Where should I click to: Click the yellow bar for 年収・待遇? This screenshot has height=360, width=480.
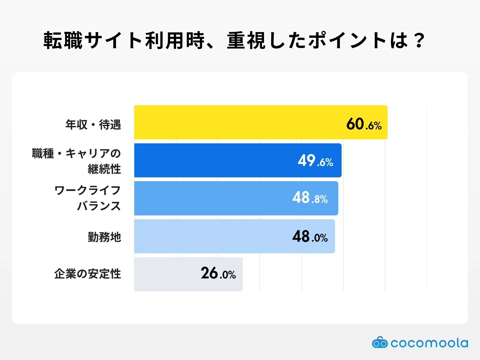pyautogui.click(x=240, y=122)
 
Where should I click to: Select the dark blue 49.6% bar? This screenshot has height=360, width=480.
pyautogui.click(x=216, y=160)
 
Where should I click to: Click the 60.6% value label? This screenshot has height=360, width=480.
pyautogui.click(x=364, y=124)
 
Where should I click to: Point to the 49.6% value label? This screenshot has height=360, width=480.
pyautogui.click(x=315, y=161)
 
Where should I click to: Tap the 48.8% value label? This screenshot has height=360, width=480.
pyautogui.click(x=310, y=198)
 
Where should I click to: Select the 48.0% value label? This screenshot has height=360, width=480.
pyautogui.click(x=310, y=237)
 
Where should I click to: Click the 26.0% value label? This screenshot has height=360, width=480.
pyautogui.click(x=218, y=274)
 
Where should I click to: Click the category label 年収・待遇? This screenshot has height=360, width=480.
pyautogui.click(x=93, y=124)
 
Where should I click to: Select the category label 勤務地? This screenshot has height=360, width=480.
pyautogui.click(x=104, y=237)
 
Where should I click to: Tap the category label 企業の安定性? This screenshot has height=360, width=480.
pyautogui.click(x=88, y=274)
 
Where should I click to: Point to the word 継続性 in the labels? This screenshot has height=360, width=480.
pyautogui.click(x=104, y=169)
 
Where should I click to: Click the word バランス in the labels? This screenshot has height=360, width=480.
pyautogui.click(x=99, y=206)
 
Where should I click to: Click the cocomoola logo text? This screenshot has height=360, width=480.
pyautogui.click(x=429, y=343)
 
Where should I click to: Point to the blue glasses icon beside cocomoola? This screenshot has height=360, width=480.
pyautogui.click(x=380, y=343)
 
